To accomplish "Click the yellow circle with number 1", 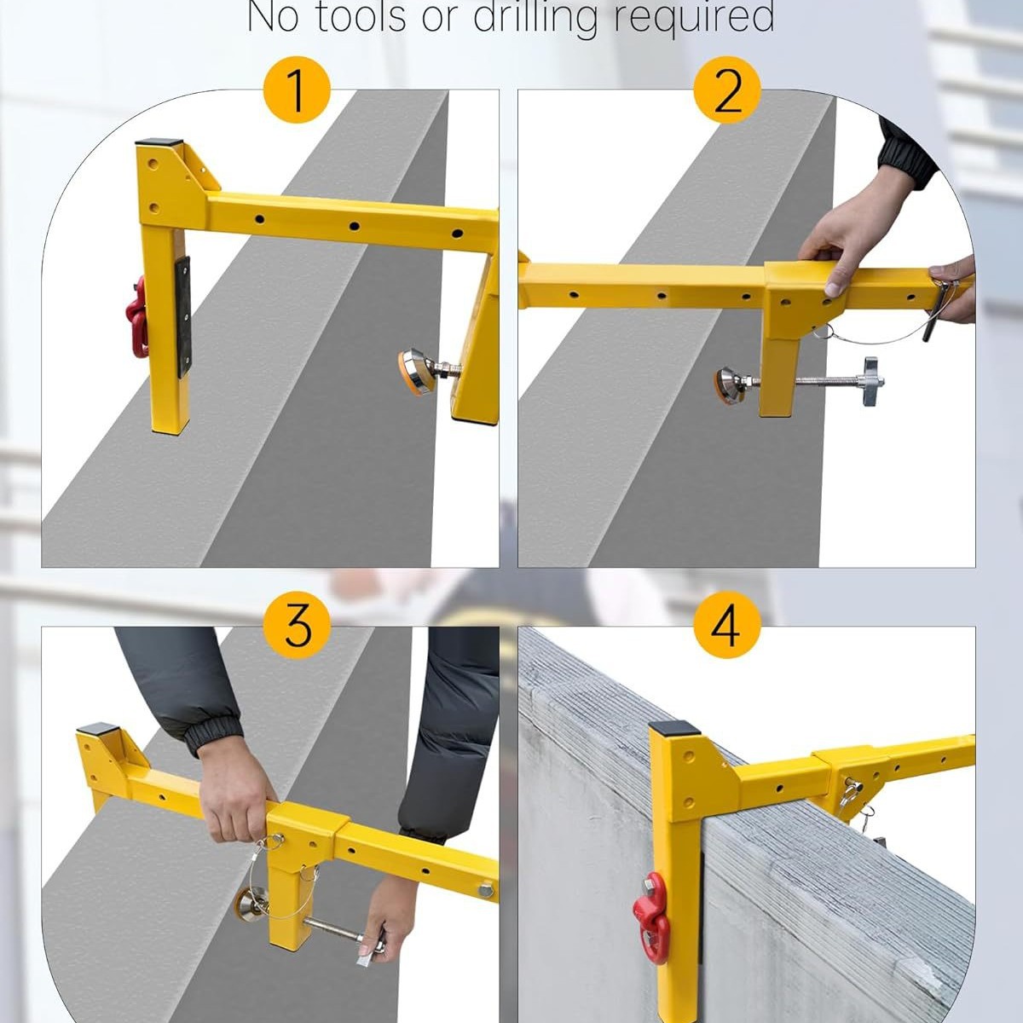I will pyautogui.click(x=297, y=90).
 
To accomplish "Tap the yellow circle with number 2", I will pyautogui.click(x=726, y=90).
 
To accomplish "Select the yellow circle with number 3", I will pyautogui.click(x=297, y=627).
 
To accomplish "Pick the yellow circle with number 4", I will pyautogui.click(x=726, y=627).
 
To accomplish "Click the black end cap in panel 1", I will pyautogui.click(x=160, y=143).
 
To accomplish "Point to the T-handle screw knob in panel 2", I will pyautogui.click(x=870, y=373).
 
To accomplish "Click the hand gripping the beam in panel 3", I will pyautogui.click(x=234, y=801).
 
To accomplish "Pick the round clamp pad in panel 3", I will pyautogui.click(x=250, y=904).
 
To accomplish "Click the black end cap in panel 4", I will pyautogui.click(x=673, y=730).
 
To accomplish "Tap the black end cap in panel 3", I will pyautogui.click(x=98, y=730).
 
